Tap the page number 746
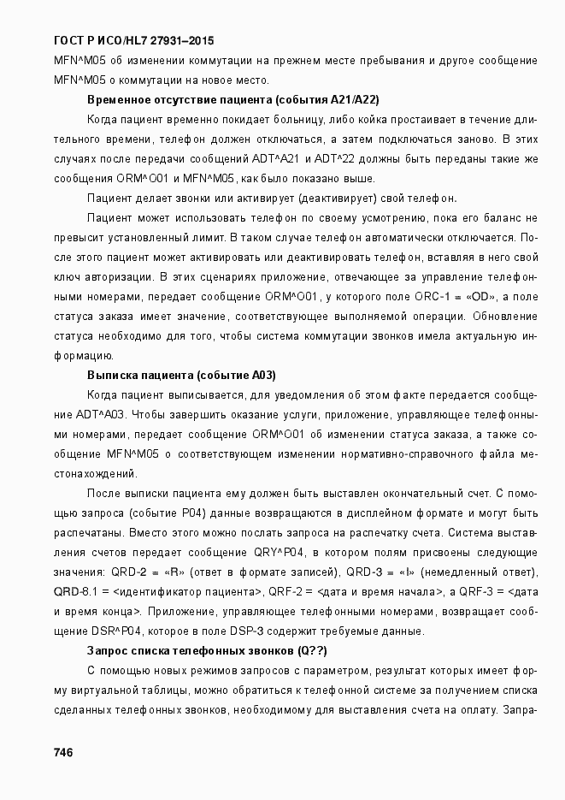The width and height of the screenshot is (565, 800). (64, 752)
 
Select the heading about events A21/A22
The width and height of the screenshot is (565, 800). (233, 99)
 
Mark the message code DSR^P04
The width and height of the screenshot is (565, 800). (110, 632)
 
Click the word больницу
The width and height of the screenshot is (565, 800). (295, 120)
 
